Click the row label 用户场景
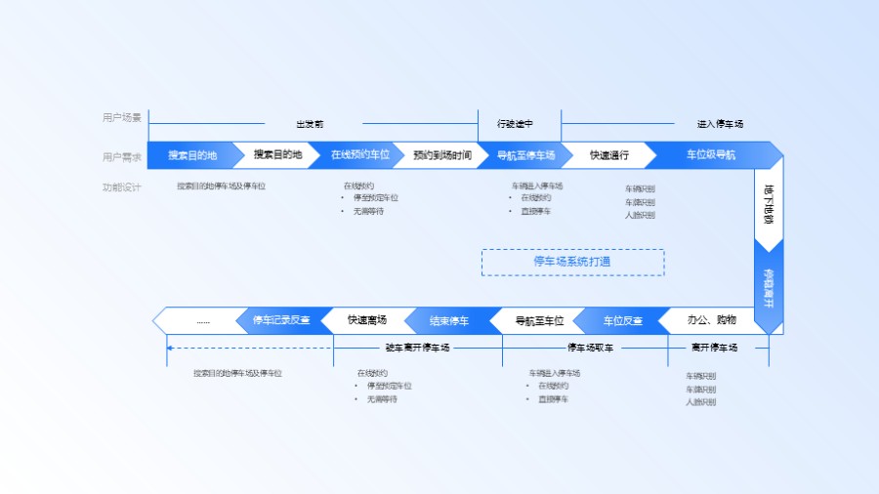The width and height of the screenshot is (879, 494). [122, 118]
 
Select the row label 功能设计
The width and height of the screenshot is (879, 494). [122, 186]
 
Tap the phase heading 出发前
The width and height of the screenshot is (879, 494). [310, 124]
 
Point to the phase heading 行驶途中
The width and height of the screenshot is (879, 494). [515, 124]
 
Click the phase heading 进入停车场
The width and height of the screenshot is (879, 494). [720, 124]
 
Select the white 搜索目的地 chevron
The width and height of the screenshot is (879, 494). [278, 155]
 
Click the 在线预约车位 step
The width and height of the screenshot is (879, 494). [360, 155]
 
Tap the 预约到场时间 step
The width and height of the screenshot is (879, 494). [442, 155]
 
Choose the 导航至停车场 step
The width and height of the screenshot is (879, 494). [526, 155]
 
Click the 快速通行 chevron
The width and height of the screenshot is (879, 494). [609, 155]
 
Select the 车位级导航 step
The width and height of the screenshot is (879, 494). [711, 155]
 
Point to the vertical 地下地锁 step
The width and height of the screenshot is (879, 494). [769, 206]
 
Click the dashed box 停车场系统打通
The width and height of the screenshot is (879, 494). [572, 262]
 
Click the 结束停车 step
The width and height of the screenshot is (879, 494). [449, 320]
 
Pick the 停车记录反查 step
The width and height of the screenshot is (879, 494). [281, 320]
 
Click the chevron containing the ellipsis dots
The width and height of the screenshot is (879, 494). [202, 320]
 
